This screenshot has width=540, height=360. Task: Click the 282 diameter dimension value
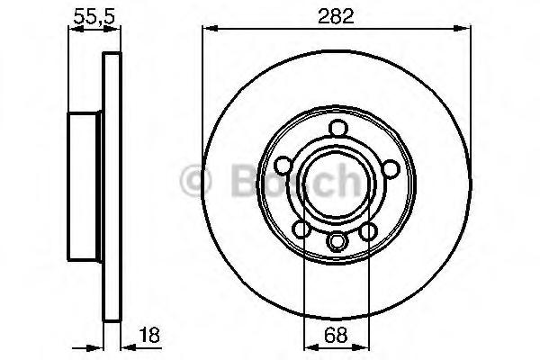[x=336, y=16]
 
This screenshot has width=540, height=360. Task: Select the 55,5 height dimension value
[x=94, y=16]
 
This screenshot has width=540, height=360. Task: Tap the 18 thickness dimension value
[x=150, y=335]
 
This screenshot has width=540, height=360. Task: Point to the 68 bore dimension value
[x=336, y=335]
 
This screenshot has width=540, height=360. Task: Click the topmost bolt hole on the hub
[x=337, y=128]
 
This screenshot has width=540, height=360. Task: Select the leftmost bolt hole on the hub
[x=283, y=165]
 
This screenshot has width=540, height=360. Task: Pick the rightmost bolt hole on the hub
[x=391, y=169]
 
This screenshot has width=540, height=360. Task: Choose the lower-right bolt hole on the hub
[x=368, y=231]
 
